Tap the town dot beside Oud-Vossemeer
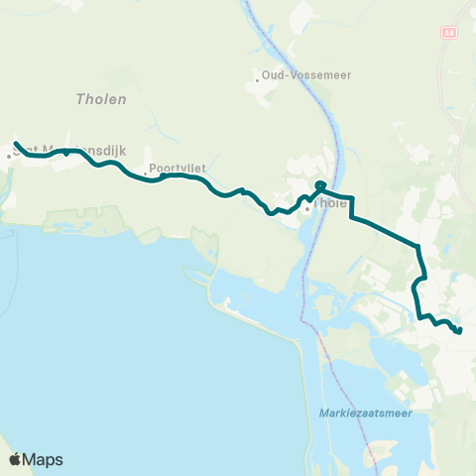click(x=258, y=78)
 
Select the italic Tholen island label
click(x=96, y=98)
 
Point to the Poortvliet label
click(x=178, y=169)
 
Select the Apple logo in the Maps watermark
click(x=16, y=459)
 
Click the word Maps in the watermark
click(x=43, y=459)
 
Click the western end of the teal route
click(x=16, y=143)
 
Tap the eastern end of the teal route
click(x=459, y=331)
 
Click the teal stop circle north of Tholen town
click(x=320, y=185)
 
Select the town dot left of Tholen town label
click(x=307, y=208)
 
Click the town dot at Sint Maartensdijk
click(x=9, y=154)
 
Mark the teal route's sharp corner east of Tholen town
click(x=352, y=197)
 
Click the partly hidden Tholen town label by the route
click(x=331, y=204)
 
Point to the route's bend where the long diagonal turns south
click(x=419, y=246)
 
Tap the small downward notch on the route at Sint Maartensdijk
click(x=66, y=155)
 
